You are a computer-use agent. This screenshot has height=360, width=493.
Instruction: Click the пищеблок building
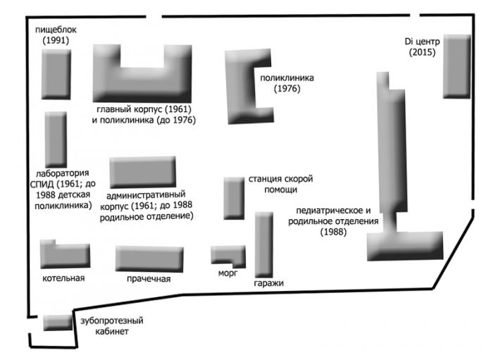pyautogui.click(x=56, y=74)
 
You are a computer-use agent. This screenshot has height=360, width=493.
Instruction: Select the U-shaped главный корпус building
pyautogui.click(x=142, y=84)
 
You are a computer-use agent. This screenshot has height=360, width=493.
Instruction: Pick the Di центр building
pyautogui.click(x=457, y=66)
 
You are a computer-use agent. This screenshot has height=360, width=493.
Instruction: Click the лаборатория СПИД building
pyautogui.click(x=56, y=139)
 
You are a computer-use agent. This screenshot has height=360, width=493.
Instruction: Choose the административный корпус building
pyautogui.click(x=143, y=173)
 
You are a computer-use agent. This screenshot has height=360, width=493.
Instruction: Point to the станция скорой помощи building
pyautogui.click(x=234, y=198)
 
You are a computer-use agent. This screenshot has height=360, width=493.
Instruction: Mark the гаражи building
pyautogui.click(x=264, y=245)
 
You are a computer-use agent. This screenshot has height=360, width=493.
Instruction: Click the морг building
pyautogui.click(x=228, y=254)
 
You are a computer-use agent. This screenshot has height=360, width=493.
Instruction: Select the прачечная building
pyautogui.click(x=149, y=259)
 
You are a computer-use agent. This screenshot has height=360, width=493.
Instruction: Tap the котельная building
pyautogui.click(x=65, y=255)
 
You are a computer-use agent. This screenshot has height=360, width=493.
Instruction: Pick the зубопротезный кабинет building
pyautogui.click(x=58, y=323)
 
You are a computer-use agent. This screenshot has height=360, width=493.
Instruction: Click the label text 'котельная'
pyautogui.click(x=63, y=278)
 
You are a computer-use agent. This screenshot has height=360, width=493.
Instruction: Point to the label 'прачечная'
pyautogui.click(x=149, y=279)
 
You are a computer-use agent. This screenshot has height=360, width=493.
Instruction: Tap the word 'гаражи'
pyautogui.click(x=269, y=283)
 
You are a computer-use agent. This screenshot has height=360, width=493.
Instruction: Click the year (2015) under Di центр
pyautogui.click(x=423, y=52)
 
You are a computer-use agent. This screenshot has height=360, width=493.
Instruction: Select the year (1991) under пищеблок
pyautogui.click(x=56, y=41)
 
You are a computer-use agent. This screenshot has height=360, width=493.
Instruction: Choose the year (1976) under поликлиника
pyautogui.click(x=287, y=89)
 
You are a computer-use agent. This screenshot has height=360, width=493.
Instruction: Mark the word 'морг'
pyautogui.click(x=228, y=273)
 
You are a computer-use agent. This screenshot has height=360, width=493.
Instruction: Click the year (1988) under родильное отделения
pyautogui.click(x=334, y=232)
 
